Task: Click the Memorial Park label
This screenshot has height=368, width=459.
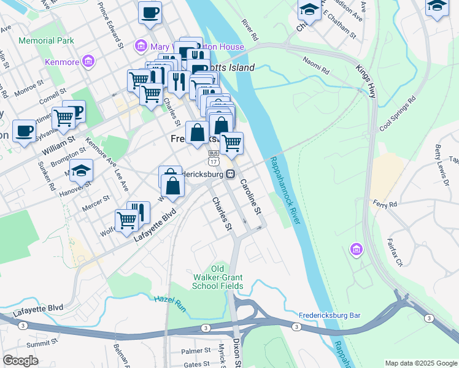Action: coord(47,40)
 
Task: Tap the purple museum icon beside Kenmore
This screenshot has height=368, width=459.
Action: coord(89,61)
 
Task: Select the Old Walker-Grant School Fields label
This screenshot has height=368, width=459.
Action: coord(217,277)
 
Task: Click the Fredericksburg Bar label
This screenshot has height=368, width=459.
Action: coord(329,315)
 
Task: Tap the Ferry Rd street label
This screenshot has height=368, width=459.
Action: coord(385,202)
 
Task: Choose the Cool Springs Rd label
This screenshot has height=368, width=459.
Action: coord(397,113)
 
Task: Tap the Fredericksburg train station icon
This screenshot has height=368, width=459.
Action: coord(230,174)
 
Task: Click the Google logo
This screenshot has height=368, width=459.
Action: coord(20,361)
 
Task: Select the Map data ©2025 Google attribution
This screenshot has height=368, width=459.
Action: coord(421,363)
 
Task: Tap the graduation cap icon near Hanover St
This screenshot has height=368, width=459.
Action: coord(81,171)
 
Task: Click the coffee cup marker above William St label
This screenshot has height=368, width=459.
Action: coord(24,131)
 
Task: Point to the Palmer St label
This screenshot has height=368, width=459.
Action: coord(195,351)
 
